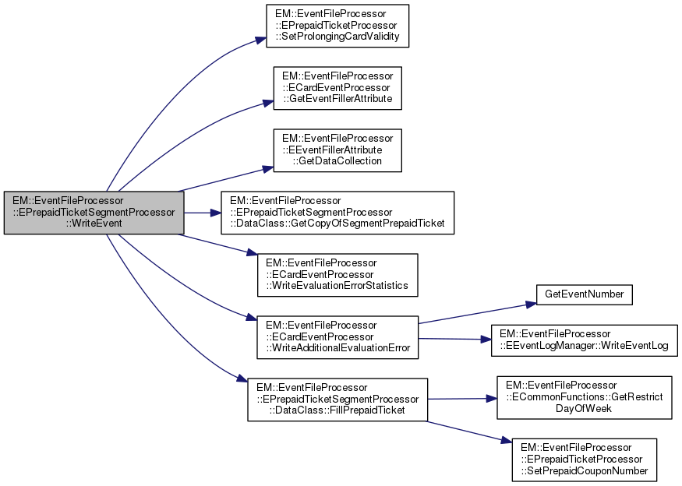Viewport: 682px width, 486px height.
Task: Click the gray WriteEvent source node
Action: (94, 212)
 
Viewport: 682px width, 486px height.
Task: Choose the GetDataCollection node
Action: (337, 150)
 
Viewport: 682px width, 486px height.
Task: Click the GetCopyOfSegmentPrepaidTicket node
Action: (337, 212)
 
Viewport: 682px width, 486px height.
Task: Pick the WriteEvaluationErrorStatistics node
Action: (337, 274)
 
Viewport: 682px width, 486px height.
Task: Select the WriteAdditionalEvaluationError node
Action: (337, 336)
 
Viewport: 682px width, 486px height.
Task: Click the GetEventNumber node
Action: (584, 295)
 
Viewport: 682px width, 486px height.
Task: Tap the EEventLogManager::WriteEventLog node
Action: (584, 340)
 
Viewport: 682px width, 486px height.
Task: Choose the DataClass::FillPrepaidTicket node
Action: (337, 399)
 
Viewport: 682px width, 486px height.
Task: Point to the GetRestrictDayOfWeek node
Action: (584, 396)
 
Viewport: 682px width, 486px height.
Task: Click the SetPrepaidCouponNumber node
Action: (584, 459)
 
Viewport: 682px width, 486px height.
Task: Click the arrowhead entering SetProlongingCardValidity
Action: (261, 41)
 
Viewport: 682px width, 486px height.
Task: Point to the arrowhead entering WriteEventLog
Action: (486, 340)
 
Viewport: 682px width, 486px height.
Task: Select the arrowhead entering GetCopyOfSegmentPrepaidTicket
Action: (217, 212)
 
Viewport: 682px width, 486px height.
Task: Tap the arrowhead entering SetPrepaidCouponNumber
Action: (507, 442)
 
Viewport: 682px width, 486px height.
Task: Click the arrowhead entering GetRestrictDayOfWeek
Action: (493, 397)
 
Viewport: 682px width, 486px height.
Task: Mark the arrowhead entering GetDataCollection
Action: (267, 167)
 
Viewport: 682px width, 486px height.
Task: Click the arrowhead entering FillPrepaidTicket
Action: (242, 380)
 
